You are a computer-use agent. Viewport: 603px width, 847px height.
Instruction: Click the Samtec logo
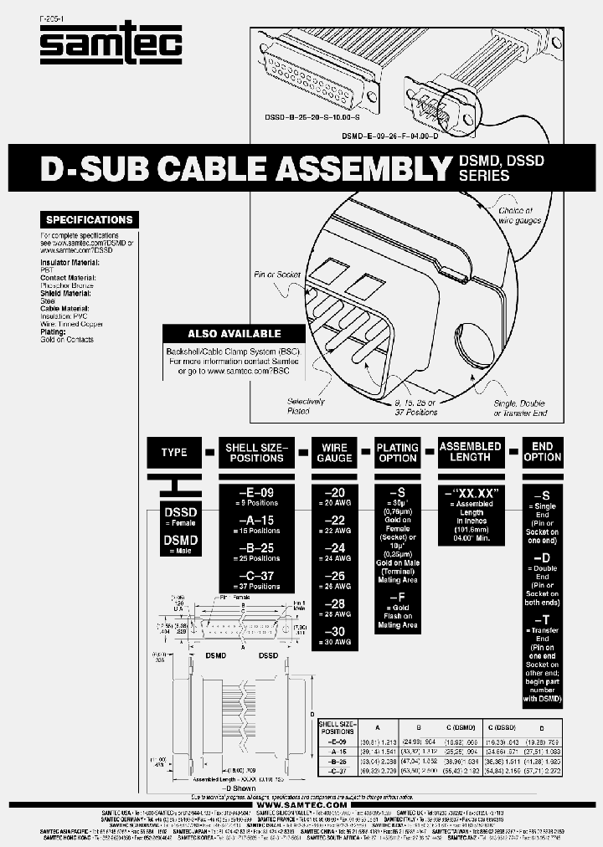[x=111, y=43]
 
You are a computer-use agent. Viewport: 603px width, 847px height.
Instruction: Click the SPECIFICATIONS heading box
[x=89, y=220]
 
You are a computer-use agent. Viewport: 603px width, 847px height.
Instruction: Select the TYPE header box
[x=174, y=452]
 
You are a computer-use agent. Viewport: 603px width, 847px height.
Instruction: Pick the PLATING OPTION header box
[x=397, y=452]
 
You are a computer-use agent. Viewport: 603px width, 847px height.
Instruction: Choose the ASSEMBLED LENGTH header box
[x=470, y=452]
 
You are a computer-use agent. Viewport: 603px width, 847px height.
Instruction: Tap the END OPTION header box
[x=542, y=452]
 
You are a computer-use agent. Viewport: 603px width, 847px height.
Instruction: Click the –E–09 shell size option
[x=256, y=493]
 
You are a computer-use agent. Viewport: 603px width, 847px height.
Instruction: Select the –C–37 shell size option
[x=256, y=576]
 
